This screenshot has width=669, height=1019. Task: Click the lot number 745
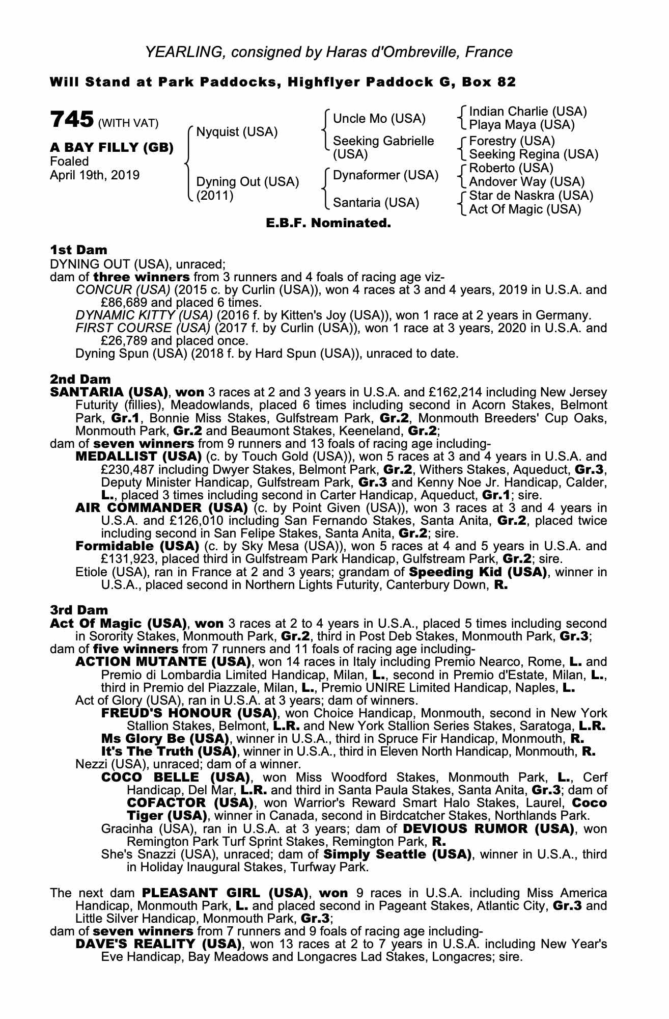point(71,120)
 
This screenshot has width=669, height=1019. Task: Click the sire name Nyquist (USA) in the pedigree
point(237,132)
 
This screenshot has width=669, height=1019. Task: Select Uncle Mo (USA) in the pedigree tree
point(379,119)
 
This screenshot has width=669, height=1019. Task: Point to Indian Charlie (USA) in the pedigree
point(527,112)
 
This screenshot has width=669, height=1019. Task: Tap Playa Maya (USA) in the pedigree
point(521,125)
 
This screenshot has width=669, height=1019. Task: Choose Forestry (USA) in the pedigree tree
point(512,141)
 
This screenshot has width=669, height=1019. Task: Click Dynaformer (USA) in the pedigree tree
point(385,175)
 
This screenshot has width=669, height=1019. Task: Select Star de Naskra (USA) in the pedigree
point(531,196)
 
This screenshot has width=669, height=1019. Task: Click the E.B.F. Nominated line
point(328,223)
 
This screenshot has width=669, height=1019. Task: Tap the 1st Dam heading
point(78,250)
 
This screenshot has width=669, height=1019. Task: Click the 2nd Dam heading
point(80,380)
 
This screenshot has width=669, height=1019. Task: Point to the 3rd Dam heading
point(79,610)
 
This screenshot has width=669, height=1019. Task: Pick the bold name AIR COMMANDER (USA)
point(161,508)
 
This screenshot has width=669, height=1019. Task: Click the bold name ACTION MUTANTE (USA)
point(163,662)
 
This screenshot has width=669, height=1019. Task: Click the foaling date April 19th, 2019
point(94,175)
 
